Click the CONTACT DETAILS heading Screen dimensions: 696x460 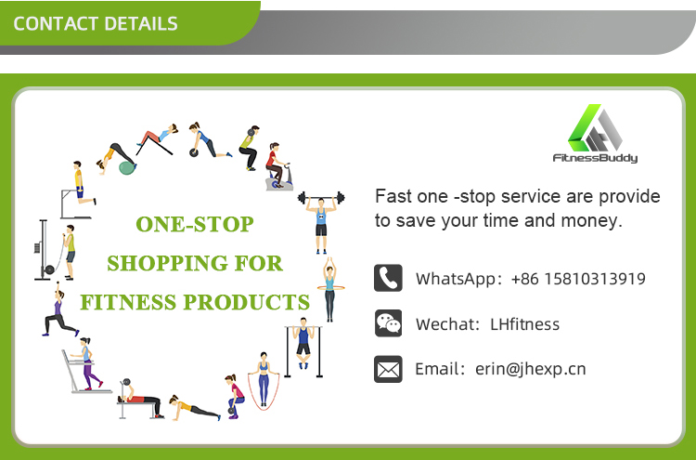point(96,23)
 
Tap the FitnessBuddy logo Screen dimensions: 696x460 point(595,134)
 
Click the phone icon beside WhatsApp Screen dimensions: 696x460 point(388,278)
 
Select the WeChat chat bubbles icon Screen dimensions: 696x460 point(388,323)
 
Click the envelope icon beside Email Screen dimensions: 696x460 point(388,369)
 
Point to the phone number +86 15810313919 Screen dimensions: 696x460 point(578,279)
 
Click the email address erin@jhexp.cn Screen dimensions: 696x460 point(531,369)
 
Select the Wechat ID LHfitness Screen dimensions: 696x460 point(524,324)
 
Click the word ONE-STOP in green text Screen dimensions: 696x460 point(195,224)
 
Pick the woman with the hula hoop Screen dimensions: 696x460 point(329,289)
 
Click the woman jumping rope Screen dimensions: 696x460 point(264,381)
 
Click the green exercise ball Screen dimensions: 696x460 point(127,167)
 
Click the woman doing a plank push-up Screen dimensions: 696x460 point(195,408)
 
